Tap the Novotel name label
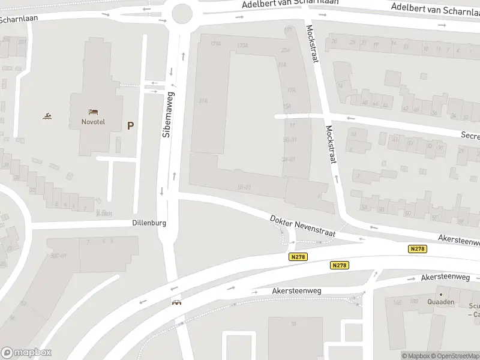tap(93, 122)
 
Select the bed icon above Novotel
tap(93, 112)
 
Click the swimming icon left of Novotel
tap(46, 116)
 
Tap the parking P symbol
tap(130, 125)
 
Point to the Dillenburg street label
tap(149, 223)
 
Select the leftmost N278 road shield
tap(296, 257)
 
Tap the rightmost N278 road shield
tap(418, 248)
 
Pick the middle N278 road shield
tap(339, 265)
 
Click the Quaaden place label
tap(441, 302)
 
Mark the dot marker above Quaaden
tap(441, 294)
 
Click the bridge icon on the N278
tap(176, 303)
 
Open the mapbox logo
tap(26, 353)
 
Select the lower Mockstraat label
tap(330, 144)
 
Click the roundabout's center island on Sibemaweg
tap(182, 12)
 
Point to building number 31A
tap(203, 101)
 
